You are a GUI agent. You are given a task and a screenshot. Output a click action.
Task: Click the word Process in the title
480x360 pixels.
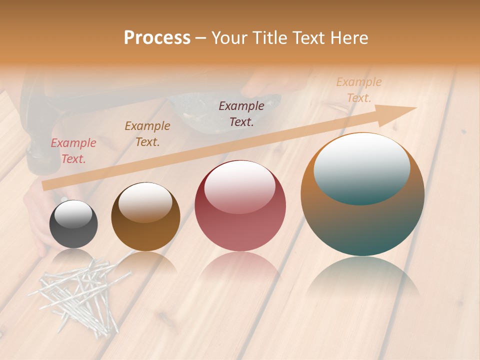tap(157, 37)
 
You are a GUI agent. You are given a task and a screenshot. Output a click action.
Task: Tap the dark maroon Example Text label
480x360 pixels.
tap(241, 113)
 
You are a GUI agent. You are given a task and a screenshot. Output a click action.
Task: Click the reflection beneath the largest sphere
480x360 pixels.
tap(362, 280)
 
